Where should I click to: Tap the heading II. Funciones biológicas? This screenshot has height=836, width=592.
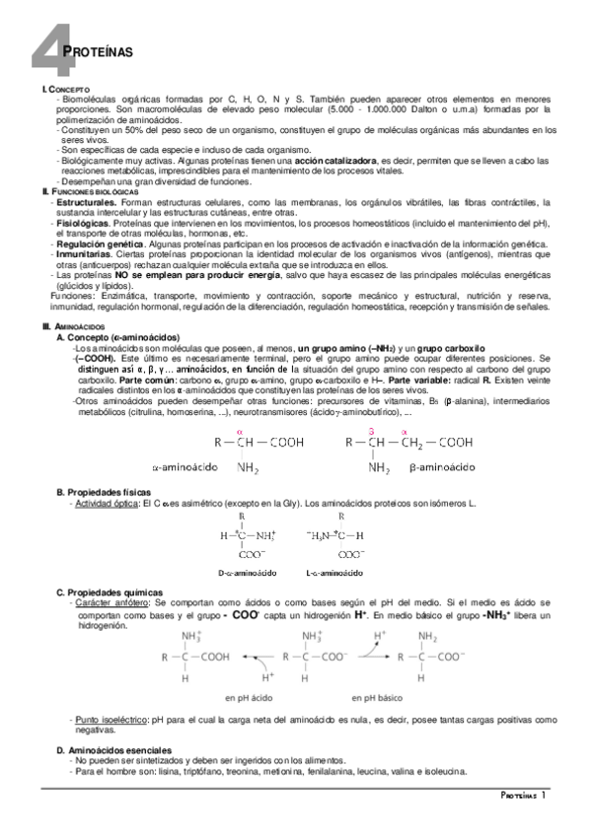[x=85, y=191]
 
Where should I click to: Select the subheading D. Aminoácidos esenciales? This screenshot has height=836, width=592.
[x=112, y=750]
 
